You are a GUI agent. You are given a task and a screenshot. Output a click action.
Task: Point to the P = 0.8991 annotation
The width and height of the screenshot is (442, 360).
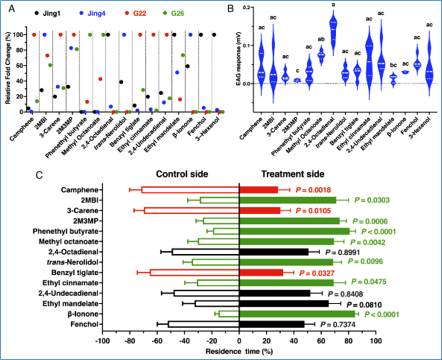[x=343, y=251]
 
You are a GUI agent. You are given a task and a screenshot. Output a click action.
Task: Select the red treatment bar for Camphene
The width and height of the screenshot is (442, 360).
[x=258, y=190]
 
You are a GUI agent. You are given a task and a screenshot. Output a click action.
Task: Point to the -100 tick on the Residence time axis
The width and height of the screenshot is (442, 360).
[x=101, y=341]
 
